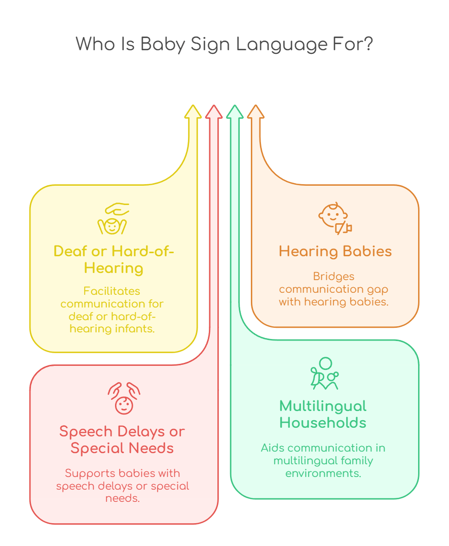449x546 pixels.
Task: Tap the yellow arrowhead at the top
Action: point(193,112)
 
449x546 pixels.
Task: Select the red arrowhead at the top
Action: point(214,112)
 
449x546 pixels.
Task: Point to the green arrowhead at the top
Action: point(235,112)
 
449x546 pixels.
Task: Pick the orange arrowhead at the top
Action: point(255,112)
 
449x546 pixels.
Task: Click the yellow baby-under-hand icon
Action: point(113,219)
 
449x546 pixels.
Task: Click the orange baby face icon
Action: point(334,219)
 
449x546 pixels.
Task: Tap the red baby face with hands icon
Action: point(124,398)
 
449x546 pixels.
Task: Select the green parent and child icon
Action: point(324,374)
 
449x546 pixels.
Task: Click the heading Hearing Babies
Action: point(335,251)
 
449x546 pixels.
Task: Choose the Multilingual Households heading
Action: point(323,414)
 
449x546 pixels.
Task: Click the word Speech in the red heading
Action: point(86,432)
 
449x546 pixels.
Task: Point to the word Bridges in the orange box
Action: point(333,277)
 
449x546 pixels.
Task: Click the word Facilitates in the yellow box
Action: point(111,291)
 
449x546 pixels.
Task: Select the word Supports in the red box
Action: point(90,473)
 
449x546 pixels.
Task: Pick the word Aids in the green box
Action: point(271,448)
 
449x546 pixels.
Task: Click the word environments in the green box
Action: point(323,473)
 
